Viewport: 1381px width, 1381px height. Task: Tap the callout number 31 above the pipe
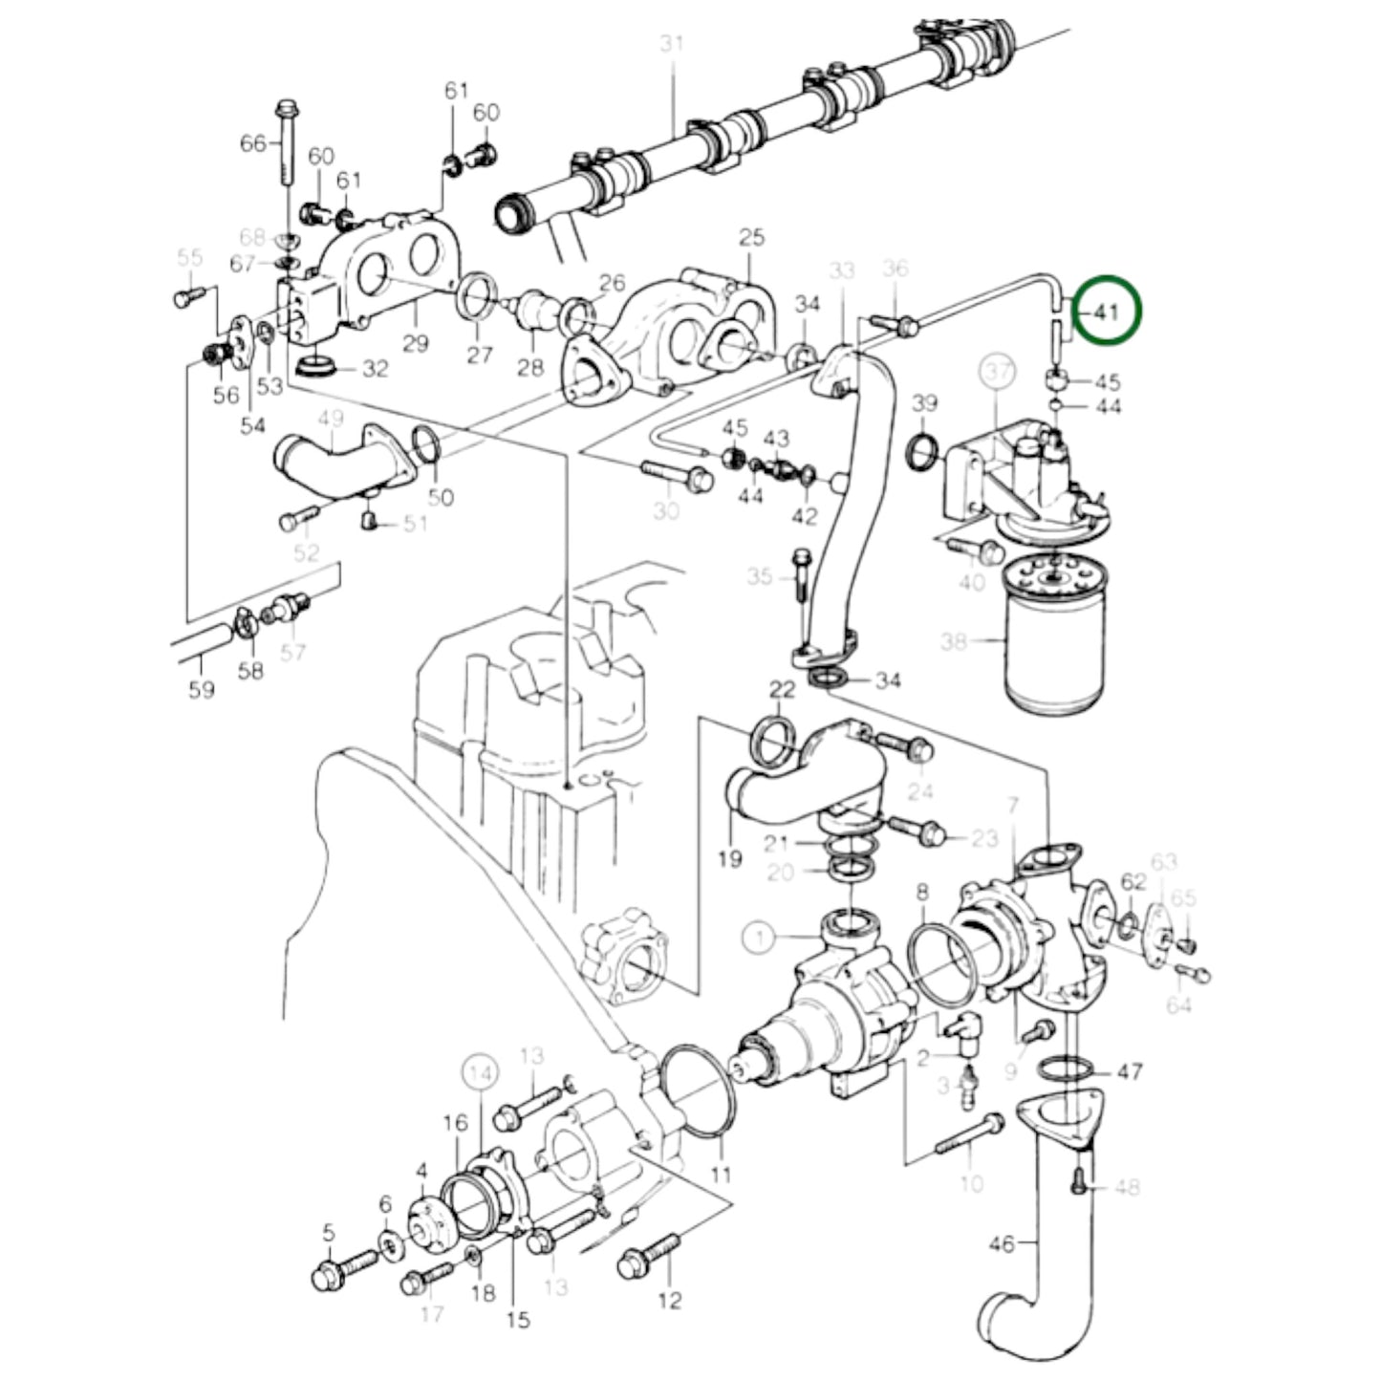(673, 43)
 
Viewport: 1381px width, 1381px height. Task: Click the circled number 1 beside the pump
(760, 938)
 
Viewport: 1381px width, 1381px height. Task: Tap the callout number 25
(752, 236)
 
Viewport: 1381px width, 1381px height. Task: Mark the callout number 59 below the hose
(202, 689)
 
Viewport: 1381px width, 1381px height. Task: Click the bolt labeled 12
(651, 1255)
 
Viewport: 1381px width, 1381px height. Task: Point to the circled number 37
(997, 373)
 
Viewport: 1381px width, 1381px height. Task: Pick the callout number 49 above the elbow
(330, 419)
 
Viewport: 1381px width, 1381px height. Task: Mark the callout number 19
(729, 859)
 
